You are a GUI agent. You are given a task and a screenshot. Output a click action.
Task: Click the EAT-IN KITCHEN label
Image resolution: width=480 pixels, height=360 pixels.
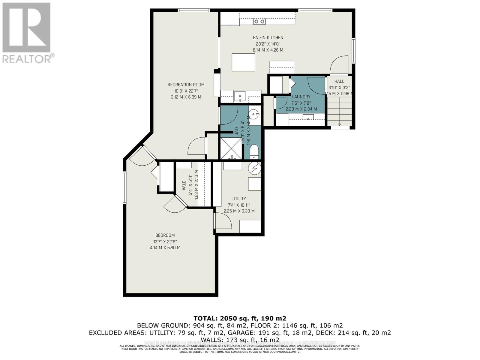pos(268,37)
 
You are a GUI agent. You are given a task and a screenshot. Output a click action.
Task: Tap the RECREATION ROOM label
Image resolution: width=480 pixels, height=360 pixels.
pos(186,85)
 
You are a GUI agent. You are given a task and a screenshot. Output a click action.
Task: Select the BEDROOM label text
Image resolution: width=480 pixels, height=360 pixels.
pos(165,235)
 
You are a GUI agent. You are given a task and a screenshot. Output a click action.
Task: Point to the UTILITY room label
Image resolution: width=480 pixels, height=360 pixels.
pos(239,199)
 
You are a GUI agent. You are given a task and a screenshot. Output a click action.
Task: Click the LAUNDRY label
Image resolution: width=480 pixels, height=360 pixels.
pos(301,97)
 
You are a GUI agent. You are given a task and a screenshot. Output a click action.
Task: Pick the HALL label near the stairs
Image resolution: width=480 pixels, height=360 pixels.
pos(339,81)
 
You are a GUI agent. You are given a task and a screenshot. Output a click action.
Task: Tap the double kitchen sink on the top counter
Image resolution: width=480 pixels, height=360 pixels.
pos(259,21)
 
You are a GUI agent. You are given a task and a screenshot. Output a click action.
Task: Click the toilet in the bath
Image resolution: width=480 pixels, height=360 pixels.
pos(254,152)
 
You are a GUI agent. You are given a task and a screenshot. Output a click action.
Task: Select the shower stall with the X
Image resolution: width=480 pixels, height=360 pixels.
pos(231,148)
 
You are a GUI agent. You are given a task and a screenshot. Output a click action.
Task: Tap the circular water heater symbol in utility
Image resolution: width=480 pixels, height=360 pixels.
pos(254,168)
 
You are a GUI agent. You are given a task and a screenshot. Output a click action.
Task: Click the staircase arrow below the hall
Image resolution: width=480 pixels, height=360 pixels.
pos(340,124)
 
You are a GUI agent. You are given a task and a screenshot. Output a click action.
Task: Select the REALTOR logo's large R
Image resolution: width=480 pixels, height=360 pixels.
pos(26,28)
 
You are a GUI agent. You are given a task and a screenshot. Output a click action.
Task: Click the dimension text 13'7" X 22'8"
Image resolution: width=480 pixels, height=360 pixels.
pos(165,241)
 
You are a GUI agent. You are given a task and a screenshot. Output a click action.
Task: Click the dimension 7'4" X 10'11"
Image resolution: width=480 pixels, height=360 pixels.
pos(239,205)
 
